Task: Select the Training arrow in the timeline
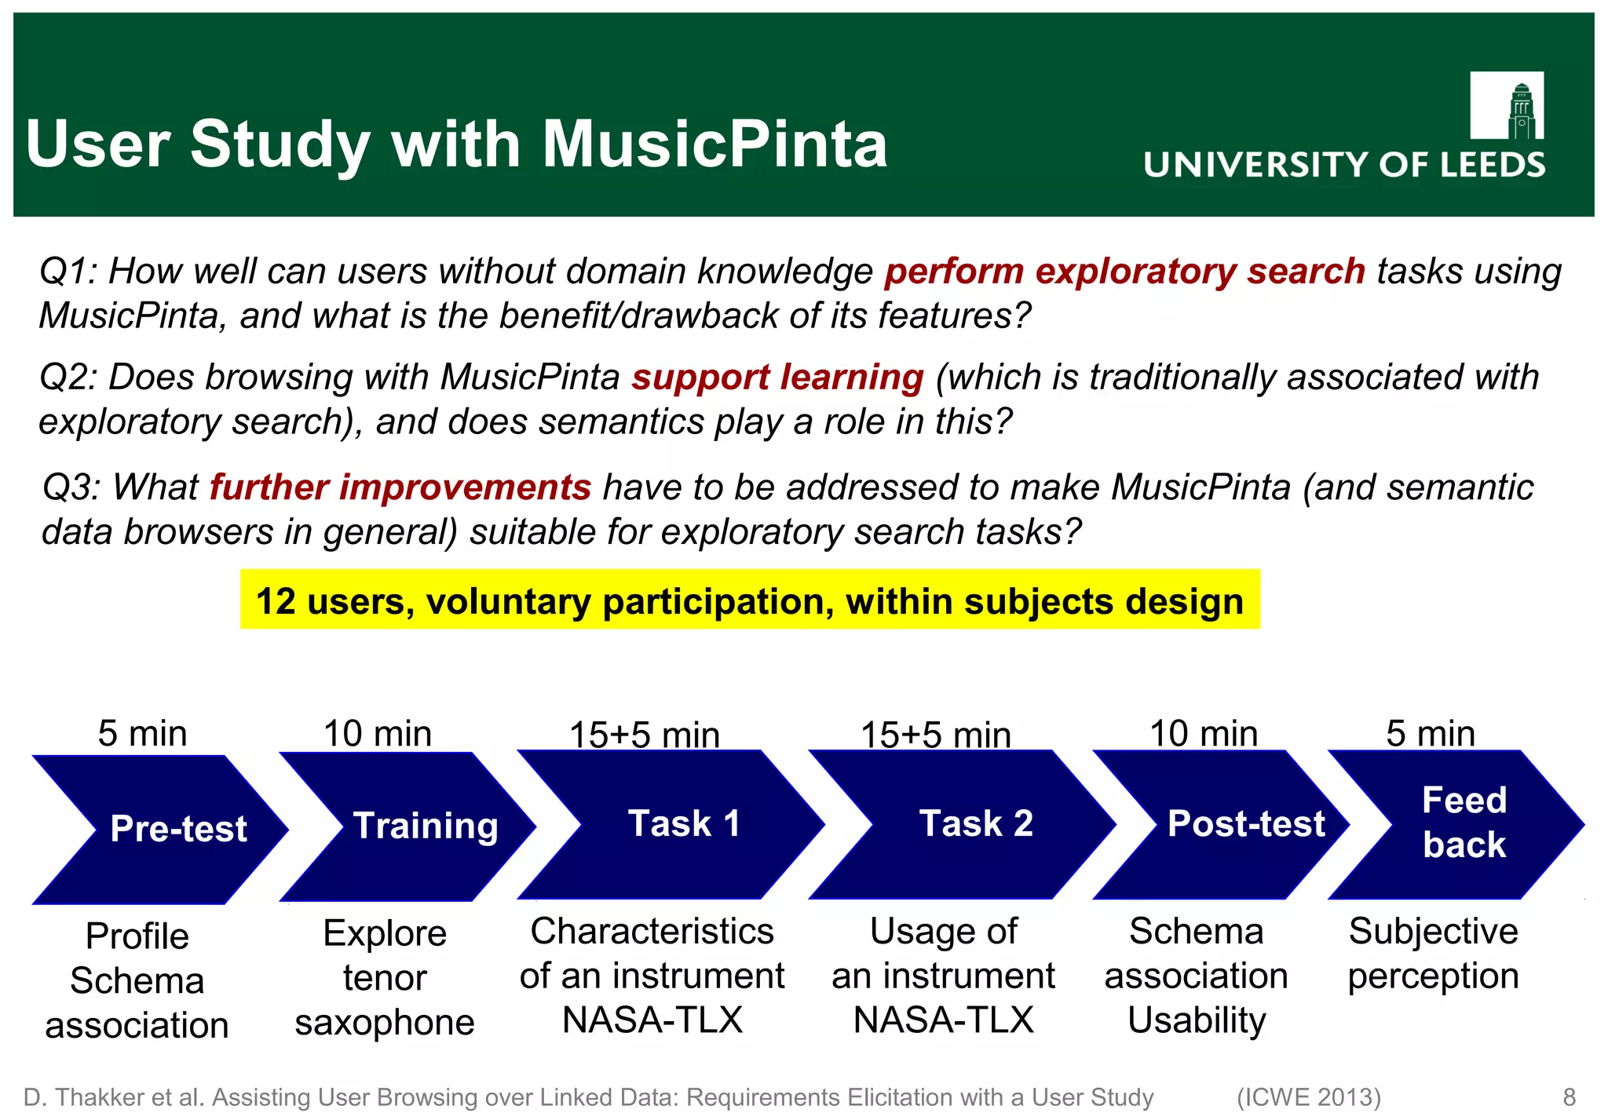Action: [x=416, y=826]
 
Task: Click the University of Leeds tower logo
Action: [x=1506, y=105]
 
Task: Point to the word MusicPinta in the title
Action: [x=714, y=144]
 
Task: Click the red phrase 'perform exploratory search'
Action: [x=1124, y=272]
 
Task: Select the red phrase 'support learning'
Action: [x=777, y=378]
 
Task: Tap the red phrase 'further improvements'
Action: [x=400, y=487]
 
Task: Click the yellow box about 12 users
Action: [x=750, y=600]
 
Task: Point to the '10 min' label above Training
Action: [x=378, y=734]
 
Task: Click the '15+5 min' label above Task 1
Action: [x=644, y=735]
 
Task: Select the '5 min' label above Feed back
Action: [x=1430, y=734]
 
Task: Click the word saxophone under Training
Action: [x=385, y=1023]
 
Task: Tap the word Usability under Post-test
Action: [x=1197, y=1020]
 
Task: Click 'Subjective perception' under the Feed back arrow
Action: [x=1433, y=954]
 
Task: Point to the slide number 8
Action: [x=1569, y=1097]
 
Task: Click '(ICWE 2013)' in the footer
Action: [x=1308, y=1097]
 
